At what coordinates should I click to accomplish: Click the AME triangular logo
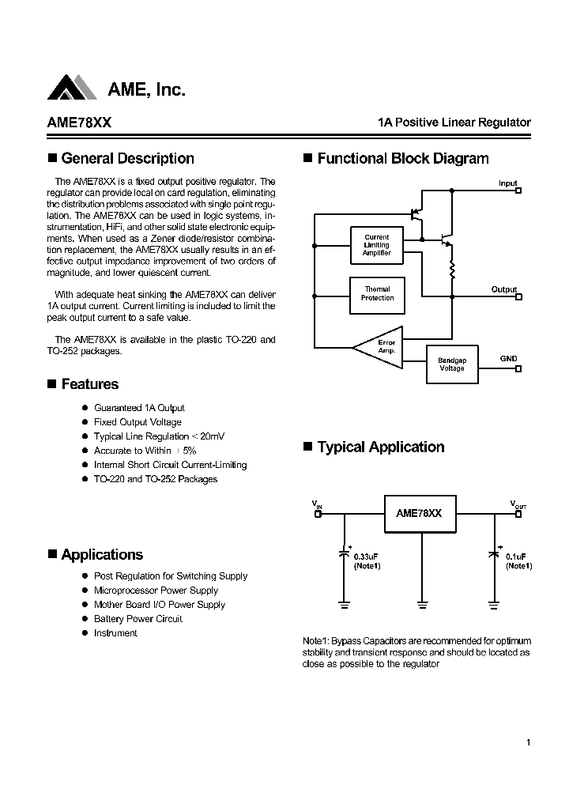coord(72,87)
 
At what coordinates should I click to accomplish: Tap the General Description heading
coord(126,158)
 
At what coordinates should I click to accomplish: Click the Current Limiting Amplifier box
coord(377,245)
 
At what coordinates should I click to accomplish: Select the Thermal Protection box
coord(377,294)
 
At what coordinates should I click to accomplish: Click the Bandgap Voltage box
coord(452,364)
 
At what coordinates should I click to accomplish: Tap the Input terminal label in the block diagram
coord(507,183)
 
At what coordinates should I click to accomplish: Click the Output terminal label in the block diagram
coord(503,289)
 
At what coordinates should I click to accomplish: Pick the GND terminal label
coord(508,358)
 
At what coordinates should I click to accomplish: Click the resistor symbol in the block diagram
coord(452,270)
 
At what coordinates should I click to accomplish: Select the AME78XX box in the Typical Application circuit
coord(419,513)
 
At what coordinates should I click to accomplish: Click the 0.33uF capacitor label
coord(367,557)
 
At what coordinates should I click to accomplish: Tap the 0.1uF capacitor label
coord(518,557)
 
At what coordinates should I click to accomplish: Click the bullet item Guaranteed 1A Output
coord(139,408)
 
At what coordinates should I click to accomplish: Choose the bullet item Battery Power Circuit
coord(138,619)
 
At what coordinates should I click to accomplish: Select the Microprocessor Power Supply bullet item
coord(156,591)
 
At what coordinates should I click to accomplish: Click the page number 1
coord(527,742)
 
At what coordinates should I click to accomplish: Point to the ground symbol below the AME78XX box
coord(422,604)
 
